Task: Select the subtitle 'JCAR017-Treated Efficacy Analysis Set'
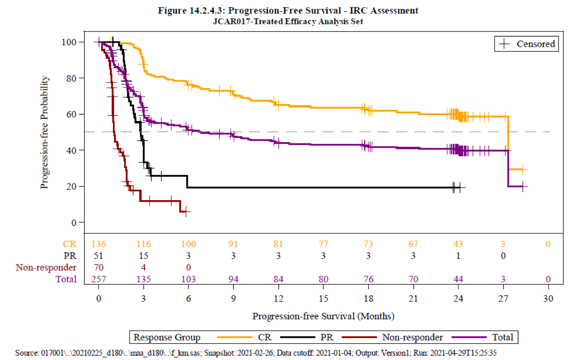pyautogui.click(x=288, y=21)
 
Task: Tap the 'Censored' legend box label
pyautogui.click(x=535, y=44)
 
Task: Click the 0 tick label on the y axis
pyautogui.click(x=74, y=223)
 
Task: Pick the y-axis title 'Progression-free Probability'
pyautogui.click(x=44, y=132)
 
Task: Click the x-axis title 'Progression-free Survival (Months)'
pyautogui.click(x=323, y=316)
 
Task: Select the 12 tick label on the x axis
pyautogui.click(x=278, y=298)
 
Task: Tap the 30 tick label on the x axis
pyautogui.click(x=548, y=298)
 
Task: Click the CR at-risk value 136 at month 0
pyautogui.click(x=98, y=244)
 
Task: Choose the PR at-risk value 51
pyautogui.click(x=98, y=256)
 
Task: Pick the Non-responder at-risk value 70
pyautogui.click(x=98, y=267)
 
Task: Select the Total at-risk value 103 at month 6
pyautogui.click(x=188, y=279)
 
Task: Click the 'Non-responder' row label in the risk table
pyautogui.click(x=46, y=267)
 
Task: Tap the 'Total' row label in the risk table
pyautogui.click(x=66, y=279)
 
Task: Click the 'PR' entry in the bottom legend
pyautogui.click(x=326, y=337)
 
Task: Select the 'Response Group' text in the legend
pyautogui.click(x=167, y=337)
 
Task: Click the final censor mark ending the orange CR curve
pyautogui.click(x=523, y=169)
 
